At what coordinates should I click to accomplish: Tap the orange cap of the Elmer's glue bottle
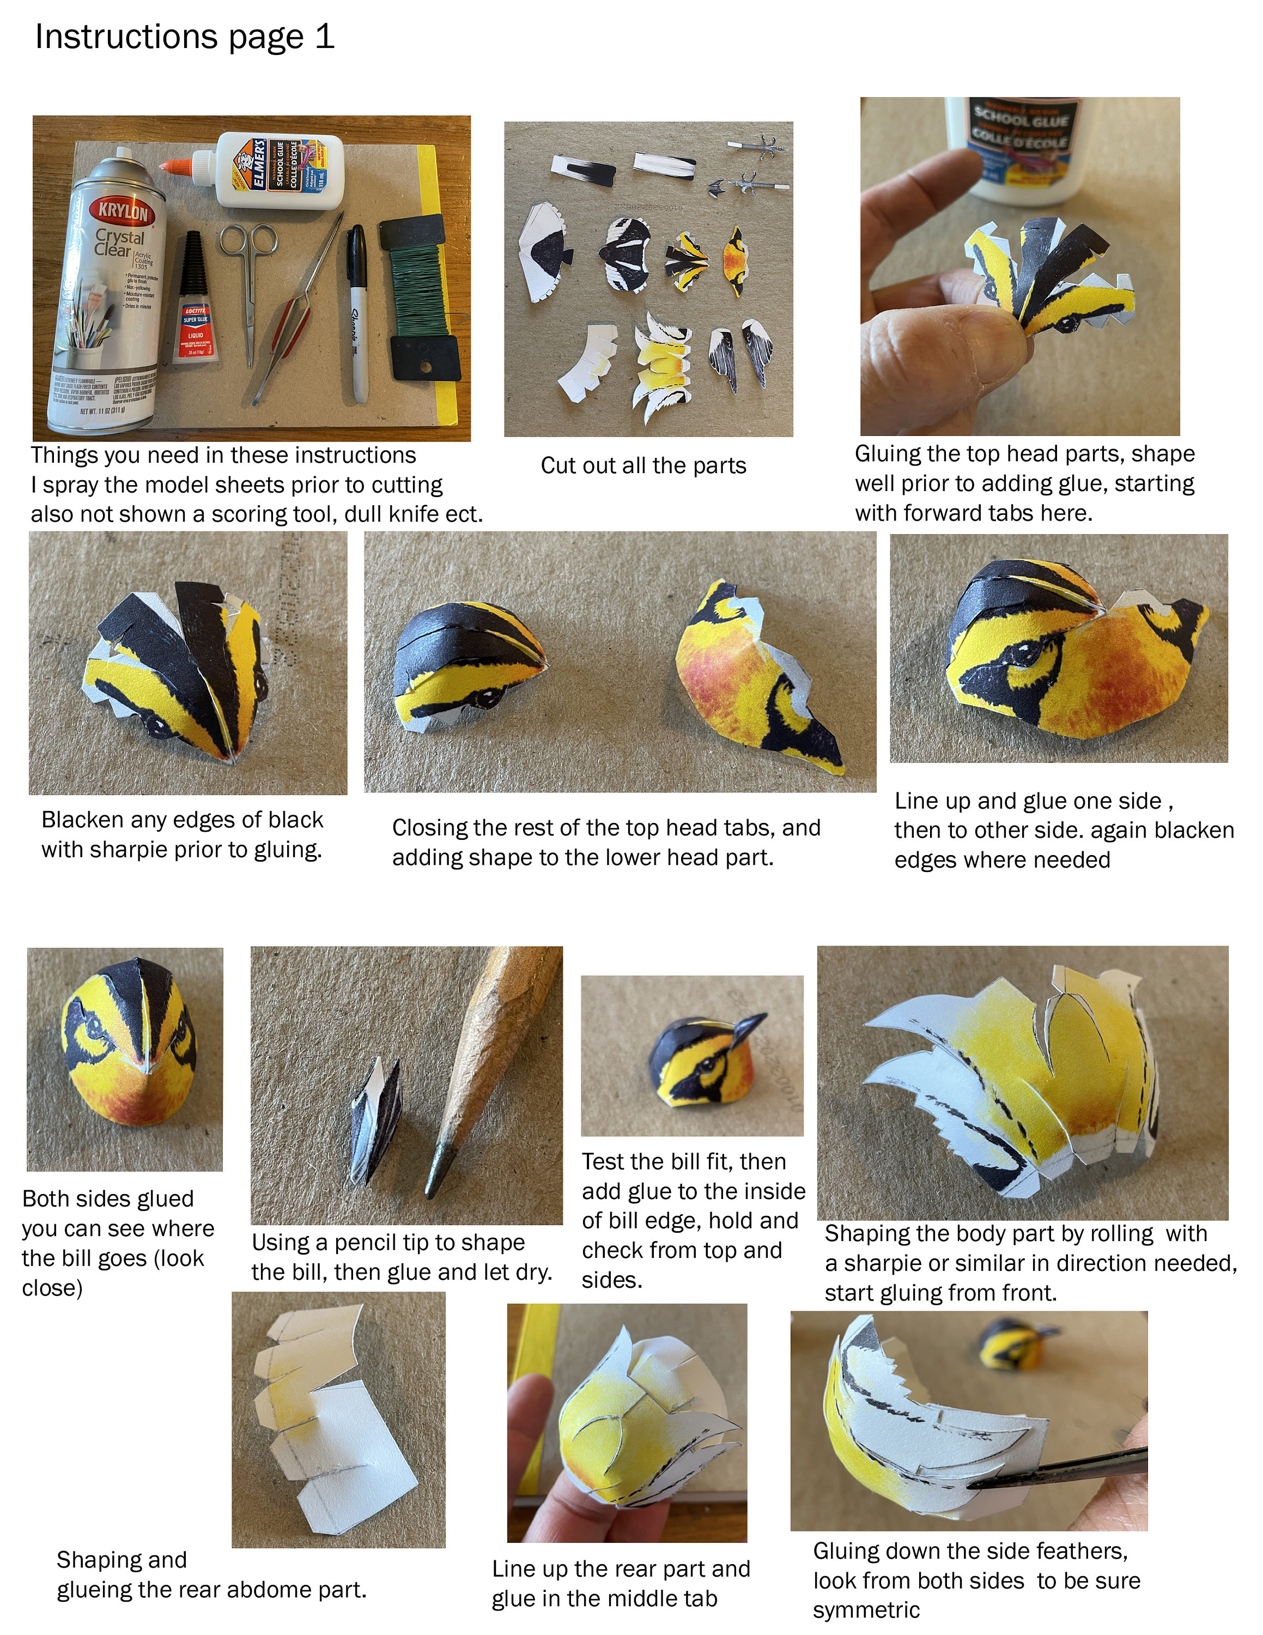coord(176,166)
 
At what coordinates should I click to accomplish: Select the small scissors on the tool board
coord(251,277)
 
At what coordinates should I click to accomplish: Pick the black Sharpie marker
coord(357,314)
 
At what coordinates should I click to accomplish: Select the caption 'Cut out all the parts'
coord(643,465)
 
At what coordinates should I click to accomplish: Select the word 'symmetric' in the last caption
coord(866,1609)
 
